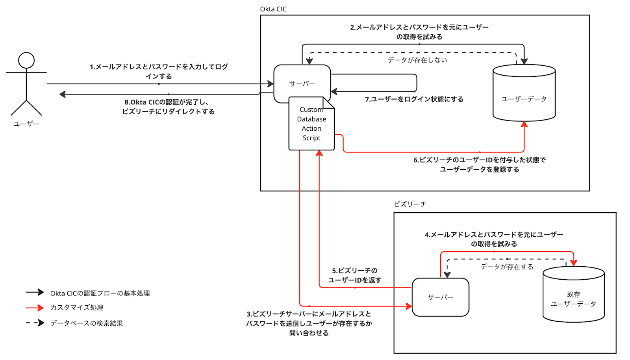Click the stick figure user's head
(x=26, y=61)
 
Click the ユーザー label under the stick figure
(x=26, y=124)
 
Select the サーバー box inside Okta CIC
(x=302, y=84)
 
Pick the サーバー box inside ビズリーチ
(x=440, y=297)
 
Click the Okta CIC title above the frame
(x=273, y=9)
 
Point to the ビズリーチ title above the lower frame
(x=410, y=204)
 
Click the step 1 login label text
(x=159, y=71)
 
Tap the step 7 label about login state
(x=414, y=99)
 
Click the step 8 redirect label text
(x=168, y=107)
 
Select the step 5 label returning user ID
(x=355, y=275)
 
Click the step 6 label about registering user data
(x=479, y=165)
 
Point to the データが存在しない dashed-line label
(x=417, y=60)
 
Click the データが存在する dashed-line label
(x=507, y=267)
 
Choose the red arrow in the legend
(x=35, y=308)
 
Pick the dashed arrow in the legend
(x=35, y=323)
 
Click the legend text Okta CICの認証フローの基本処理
(x=100, y=293)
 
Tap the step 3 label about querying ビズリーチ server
(x=309, y=323)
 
